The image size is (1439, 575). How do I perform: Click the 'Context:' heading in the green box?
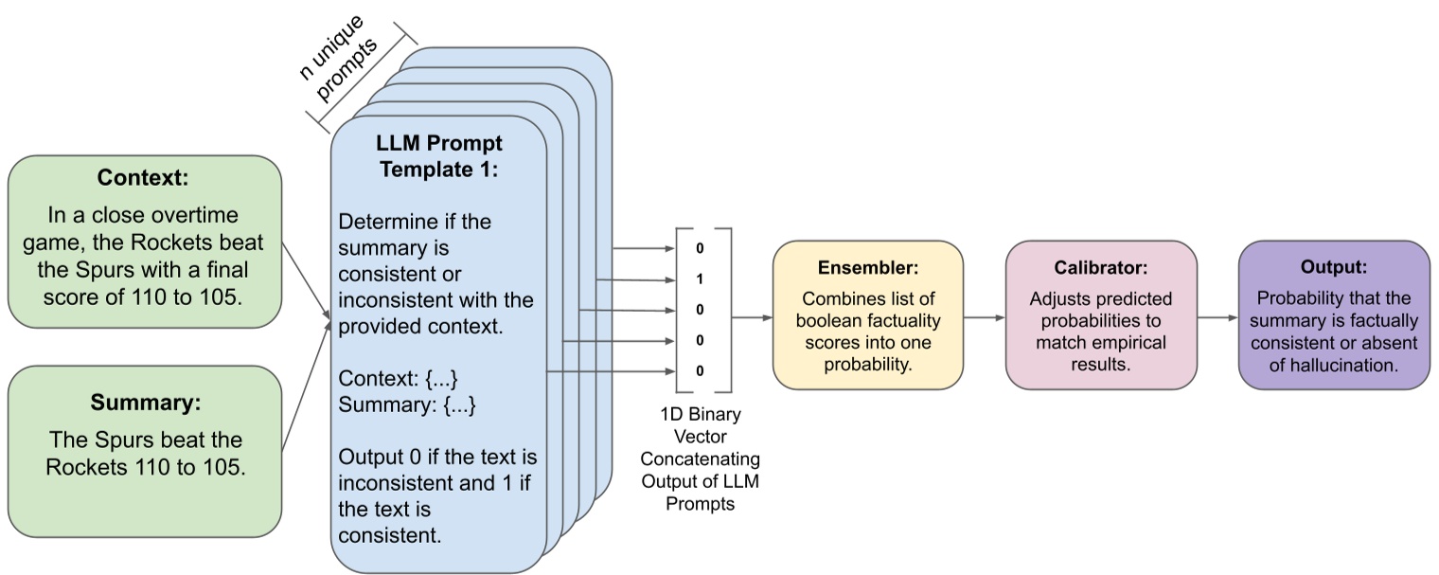tap(145, 177)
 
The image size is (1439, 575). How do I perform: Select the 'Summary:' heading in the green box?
tap(145, 403)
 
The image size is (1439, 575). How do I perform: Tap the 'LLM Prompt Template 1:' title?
tap(438, 157)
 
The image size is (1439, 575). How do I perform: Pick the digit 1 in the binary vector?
tap(700, 279)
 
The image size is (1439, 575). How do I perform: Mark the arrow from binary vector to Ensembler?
tap(750, 317)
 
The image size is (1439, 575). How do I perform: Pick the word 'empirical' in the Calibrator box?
tap(1128, 341)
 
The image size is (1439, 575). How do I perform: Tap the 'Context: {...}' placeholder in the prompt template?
tap(398, 379)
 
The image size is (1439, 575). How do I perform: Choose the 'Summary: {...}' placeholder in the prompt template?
tap(406, 405)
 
